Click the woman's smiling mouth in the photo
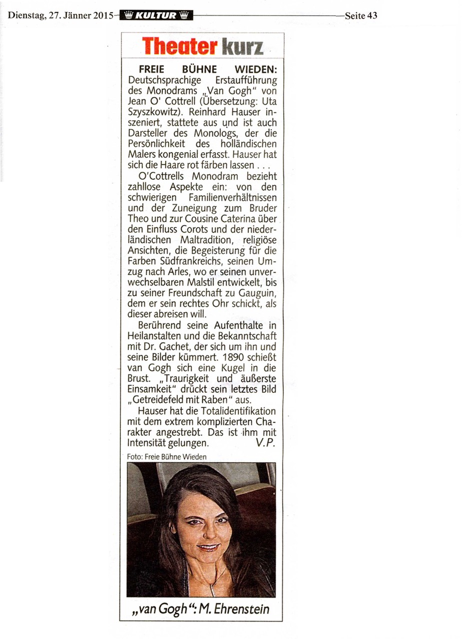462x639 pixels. tap(208, 547)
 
